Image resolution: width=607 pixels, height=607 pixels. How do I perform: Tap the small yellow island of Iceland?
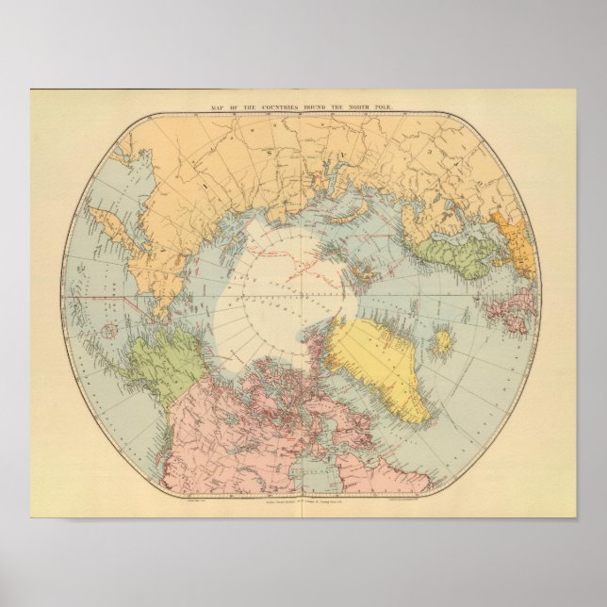click(x=441, y=341)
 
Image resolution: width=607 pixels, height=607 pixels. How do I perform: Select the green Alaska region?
click(x=160, y=363)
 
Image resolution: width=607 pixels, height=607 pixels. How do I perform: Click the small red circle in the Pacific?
click(x=109, y=331)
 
